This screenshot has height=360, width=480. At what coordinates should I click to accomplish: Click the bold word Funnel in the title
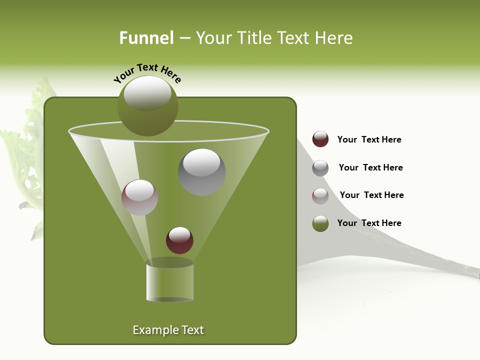[146, 38]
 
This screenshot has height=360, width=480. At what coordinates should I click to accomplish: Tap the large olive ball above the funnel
[147, 112]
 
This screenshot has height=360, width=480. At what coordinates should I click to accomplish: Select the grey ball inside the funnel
[202, 172]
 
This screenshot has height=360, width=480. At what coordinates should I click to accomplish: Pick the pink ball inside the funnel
[139, 197]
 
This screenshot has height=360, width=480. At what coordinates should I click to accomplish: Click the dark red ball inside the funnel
[179, 240]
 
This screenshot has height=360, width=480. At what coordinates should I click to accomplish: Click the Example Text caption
[168, 330]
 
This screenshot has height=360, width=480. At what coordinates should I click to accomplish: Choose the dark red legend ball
[320, 139]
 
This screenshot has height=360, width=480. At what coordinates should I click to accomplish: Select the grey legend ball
[320, 168]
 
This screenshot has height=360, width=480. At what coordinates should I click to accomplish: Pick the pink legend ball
[320, 196]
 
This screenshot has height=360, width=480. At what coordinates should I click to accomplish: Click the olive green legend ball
[320, 223]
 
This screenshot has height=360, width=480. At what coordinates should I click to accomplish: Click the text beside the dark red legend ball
[369, 139]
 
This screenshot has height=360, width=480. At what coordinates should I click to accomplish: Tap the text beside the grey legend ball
[370, 167]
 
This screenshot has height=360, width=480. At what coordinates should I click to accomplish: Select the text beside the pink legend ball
[371, 195]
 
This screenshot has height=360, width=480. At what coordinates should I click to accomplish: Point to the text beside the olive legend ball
[369, 223]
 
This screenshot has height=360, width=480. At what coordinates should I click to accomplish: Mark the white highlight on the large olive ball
[147, 93]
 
